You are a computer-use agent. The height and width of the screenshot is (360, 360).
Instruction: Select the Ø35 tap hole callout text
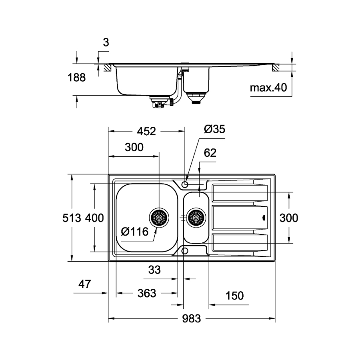click(214, 129)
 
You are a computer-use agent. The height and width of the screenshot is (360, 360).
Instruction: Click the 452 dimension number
click(146, 132)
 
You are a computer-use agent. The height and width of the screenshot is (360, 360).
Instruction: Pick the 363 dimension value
click(146, 294)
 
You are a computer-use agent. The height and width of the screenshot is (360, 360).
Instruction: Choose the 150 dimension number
click(235, 296)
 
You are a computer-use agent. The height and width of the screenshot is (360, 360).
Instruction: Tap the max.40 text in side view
click(269, 88)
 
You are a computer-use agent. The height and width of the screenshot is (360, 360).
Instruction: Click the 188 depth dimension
click(76, 78)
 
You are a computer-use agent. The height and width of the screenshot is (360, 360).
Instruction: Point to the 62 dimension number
click(210, 153)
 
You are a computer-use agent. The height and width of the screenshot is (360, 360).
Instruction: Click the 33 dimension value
click(154, 270)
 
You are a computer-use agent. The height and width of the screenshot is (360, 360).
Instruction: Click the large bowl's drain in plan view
click(159, 218)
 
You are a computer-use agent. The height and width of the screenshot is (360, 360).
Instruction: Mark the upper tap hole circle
click(185, 184)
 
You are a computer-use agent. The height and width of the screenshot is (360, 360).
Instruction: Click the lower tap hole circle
click(185, 251)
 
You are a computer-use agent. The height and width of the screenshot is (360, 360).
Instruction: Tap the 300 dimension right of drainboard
click(288, 218)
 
